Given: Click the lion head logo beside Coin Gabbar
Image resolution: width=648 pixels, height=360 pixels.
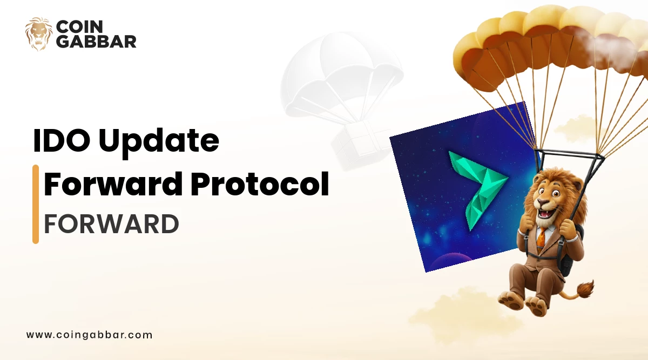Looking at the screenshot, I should point(38,34).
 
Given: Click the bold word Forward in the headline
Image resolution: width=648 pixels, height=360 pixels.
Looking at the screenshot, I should point(113,185).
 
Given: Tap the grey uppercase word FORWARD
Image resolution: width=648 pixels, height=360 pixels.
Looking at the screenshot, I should point(111,223).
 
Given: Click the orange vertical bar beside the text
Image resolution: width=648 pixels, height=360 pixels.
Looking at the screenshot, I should point(36,204).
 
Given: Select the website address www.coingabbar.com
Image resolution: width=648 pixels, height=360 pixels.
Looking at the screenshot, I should point(90,335).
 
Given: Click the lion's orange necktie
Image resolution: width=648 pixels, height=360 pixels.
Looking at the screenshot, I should point(541,238).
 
